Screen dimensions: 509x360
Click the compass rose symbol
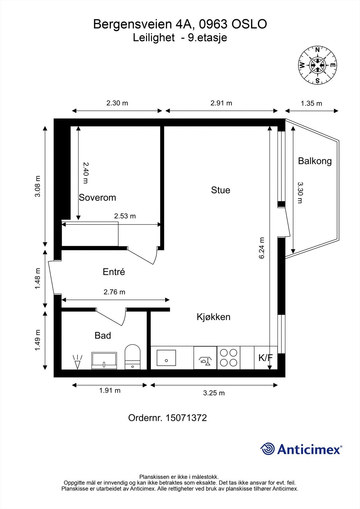(x=317, y=65)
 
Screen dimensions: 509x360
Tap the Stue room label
(x=220, y=190)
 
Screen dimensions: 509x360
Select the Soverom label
(x=97, y=198)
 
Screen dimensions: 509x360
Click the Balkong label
(x=314, y=161)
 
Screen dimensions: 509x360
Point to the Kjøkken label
(x=213, y=317)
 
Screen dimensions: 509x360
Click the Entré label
(x=114, y=272)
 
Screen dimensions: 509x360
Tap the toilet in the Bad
(x=132, y=357)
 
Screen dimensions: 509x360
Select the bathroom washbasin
(x=104, y=360)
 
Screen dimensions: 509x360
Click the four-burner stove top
(x=229, y=358)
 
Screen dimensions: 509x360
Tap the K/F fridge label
(x=265, y=358)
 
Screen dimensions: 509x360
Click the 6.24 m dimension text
(x=262, y=248)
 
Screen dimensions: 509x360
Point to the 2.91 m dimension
(x=221, y=103)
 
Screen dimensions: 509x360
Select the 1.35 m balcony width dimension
(x=311, y=103)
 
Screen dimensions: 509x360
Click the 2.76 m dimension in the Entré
(x=114, y=292)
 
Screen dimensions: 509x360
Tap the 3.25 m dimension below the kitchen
(x=214, y=393)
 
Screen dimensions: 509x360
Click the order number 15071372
(x=186, y=418)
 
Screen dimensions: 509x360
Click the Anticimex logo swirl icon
(x=267, y=449)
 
